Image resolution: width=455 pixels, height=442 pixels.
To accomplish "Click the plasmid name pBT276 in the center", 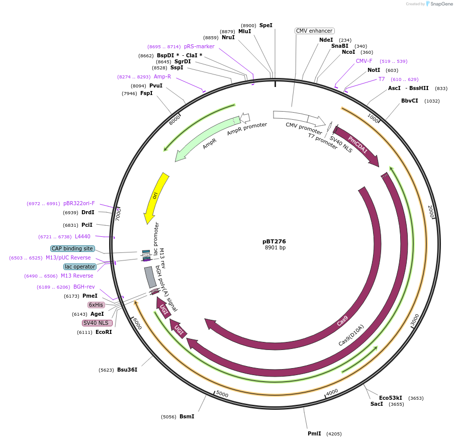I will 274,241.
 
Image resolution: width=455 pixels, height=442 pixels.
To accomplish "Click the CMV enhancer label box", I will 314,31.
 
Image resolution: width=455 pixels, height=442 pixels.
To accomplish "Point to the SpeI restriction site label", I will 265,25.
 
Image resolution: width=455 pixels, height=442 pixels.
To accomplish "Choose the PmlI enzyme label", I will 314,433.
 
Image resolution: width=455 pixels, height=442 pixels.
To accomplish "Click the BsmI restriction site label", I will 187,416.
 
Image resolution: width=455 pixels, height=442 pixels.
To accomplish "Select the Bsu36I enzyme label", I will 127,370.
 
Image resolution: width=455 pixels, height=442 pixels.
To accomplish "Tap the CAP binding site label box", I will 72,248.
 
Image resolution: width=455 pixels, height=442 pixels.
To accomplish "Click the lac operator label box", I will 79,267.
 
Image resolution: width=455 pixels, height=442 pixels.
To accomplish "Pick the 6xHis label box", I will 96,305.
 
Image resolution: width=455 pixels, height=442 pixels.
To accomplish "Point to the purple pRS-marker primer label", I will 199,46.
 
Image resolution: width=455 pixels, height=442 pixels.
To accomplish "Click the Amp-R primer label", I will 162,76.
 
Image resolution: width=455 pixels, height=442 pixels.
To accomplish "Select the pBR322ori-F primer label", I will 79,203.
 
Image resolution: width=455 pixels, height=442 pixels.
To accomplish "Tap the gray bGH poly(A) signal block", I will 150,277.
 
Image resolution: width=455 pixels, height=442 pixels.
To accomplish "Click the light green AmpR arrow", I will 204,142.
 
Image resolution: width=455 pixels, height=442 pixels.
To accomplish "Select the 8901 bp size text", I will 275,248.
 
